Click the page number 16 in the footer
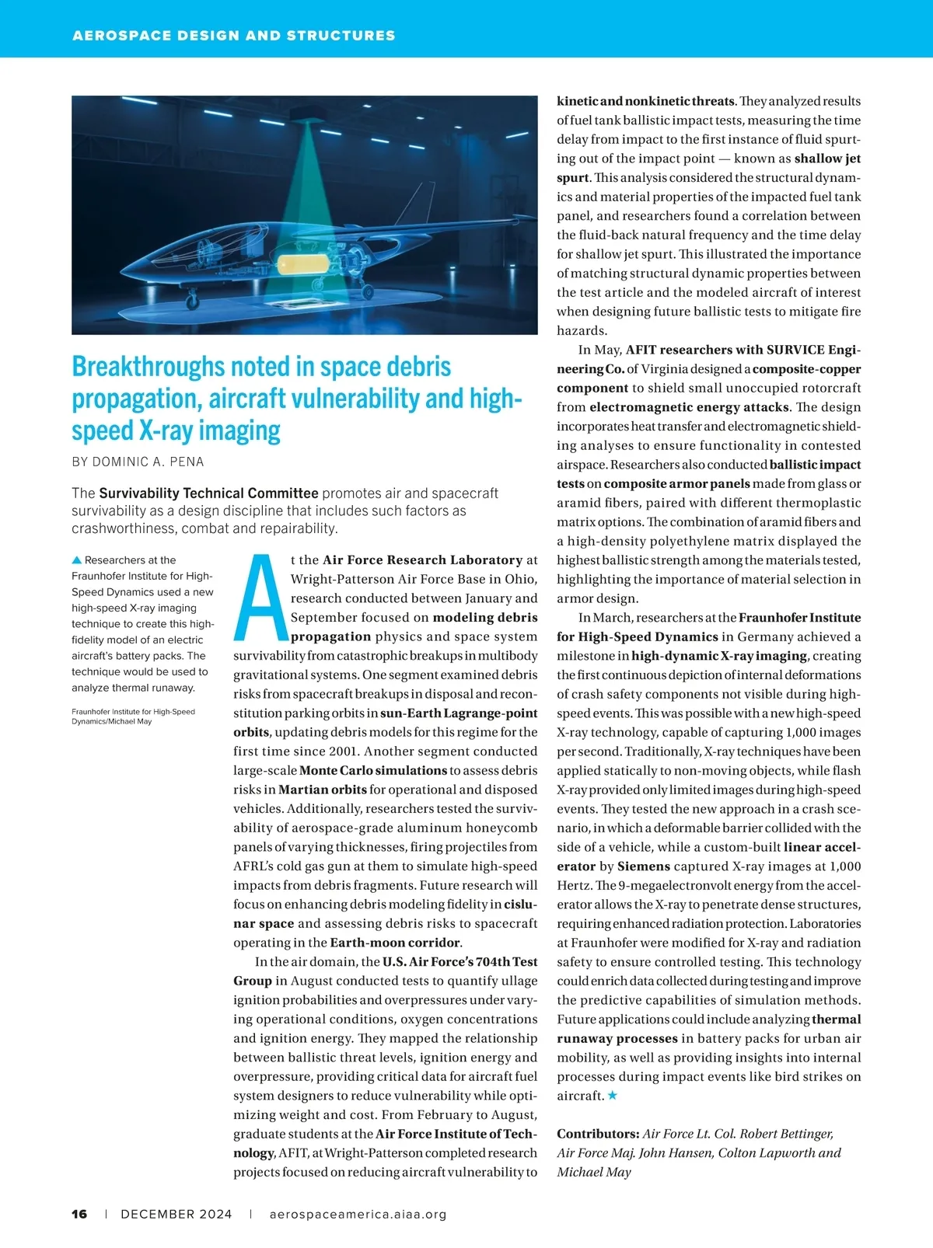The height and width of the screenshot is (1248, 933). [x=79, y=1214]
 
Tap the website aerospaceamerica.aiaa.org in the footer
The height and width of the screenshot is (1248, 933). [x=358, y=1214]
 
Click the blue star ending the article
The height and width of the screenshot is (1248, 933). [x=613, y=1095]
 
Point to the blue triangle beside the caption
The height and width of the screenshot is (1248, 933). [x=76, y=560]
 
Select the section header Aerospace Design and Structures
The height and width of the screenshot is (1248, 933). [x=233, y=35]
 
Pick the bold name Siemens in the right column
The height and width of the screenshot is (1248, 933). [x=644, y=866]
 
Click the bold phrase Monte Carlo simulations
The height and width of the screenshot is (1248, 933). [x=372, y=770]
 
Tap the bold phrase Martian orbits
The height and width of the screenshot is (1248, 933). [x=322, y=790]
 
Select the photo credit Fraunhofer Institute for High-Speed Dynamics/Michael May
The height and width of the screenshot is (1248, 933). [x=132, y=716]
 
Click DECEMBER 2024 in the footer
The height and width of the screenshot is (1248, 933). [x=176, y=1214]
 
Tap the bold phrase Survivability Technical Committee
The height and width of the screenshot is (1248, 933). [x=208, y=493]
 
